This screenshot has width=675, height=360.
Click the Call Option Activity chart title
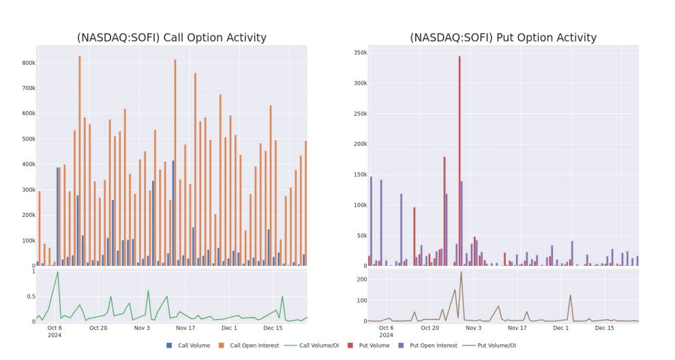coord(172,38)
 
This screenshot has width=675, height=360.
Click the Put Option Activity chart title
coord(503,38)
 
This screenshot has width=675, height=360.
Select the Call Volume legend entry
coord(188,346)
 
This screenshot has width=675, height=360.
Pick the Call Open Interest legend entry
coord(249,346)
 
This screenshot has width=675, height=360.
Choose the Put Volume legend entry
coord(368,346)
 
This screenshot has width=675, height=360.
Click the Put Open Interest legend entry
coord(428,346)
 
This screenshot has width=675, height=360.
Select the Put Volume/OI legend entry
coord(489,346)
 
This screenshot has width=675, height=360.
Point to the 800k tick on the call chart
coord(29,63)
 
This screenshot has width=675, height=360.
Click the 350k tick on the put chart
coord(360,52)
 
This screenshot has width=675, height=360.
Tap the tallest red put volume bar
coord(460,161)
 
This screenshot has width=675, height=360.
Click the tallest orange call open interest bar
coord(80,161)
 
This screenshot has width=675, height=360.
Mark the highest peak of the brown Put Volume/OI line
coord(461,272)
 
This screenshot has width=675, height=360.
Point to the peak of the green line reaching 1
coord(58,272)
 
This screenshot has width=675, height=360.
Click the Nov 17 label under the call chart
coord(185,328)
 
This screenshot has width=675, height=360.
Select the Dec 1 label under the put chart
coord(561,328)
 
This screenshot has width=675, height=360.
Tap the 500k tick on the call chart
coord(29,139)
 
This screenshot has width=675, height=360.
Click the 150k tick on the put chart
coord(360,175)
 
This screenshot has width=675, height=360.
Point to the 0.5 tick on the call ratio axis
coord(31,297)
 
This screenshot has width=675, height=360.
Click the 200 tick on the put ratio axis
coord(362,280)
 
